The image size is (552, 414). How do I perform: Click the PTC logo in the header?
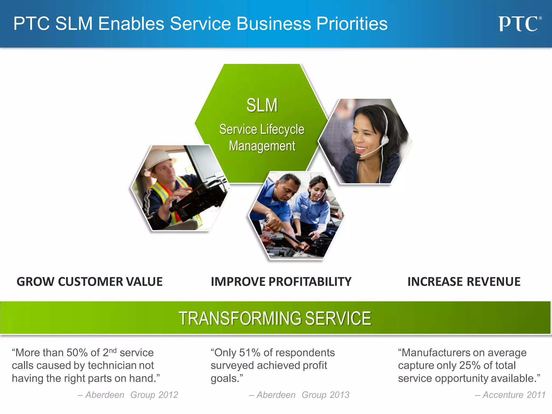click(519, 24)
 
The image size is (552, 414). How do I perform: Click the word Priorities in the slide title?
click(352, 24)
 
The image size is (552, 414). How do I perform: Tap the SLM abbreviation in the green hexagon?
click(262, 105)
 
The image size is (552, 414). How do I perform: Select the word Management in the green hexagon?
click(262, 146)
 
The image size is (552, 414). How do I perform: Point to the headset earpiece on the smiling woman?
click(385, 140)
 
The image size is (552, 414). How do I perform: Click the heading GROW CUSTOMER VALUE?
click(89, 282)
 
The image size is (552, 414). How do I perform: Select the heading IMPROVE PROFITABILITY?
click(281, 282)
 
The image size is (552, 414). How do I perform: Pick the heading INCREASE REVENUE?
click(464, 282)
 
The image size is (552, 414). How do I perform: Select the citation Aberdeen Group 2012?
click(128, 395)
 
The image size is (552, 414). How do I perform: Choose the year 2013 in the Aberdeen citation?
click(339, 395)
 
